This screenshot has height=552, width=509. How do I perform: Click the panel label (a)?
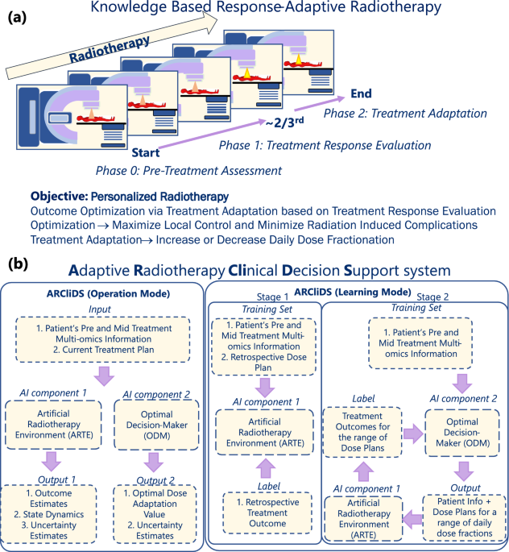pyautogui.click(x=17, y=17)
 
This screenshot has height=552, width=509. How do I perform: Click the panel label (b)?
pyautogui.click(x=18, y=264)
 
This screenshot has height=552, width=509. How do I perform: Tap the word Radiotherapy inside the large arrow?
pyautogui.click(x=109, y=50)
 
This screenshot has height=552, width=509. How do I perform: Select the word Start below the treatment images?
pyautogui.click(x=146, y=153)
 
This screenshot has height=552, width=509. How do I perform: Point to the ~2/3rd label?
pyautogui.click(x=284, y=122)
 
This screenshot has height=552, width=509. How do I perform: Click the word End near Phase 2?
pyautogui.click(x=362, y=93)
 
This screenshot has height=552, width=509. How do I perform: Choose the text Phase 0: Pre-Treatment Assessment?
pyautogui.click(x=188, y=171)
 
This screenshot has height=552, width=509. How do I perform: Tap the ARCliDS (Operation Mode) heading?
pyautogui.click(x=109, y=293)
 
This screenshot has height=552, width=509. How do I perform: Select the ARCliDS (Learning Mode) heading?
pyautogui.click(x=353, y=292)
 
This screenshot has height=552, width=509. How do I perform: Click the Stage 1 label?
pyautogui.click(x=272, y=297)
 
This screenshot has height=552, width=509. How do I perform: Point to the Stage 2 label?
pyautogui.click(x=432, y=297)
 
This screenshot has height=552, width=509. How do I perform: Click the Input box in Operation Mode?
pyautogui.click(x=103, y=339)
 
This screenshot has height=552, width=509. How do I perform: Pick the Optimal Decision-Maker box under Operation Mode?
pyautogui.click(x=156, y=425)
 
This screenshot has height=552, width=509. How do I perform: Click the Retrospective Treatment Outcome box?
pyautogui.click(x=267, y=513)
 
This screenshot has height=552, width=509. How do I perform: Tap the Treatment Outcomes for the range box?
pyautogui.click(x=362, y=432)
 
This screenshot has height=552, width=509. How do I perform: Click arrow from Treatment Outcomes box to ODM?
pyautogui.click(x=413, y=434)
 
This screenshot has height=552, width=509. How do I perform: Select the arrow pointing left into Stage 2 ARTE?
pyautogui.click(x=412, y=519)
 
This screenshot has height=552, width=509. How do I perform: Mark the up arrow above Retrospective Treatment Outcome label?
pyautogui.click(x=266, y=468)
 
